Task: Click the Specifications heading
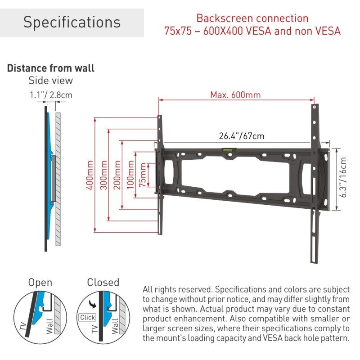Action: click(x=72, y=22)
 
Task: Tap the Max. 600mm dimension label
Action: click(x=235, y=95)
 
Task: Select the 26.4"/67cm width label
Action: click(x=235, y=136)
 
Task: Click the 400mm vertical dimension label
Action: click(x=90, y=175)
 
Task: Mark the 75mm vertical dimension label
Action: click(x=144, y=175)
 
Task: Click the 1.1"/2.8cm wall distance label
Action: click(x=50, y=95)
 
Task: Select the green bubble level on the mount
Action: click(x=227, y=150)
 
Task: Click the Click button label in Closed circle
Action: click(x=87, y=317)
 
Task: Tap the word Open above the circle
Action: click(x=40, y=283)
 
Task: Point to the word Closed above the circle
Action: click(x=103, y=283)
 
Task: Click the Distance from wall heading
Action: click(x=50, y=68)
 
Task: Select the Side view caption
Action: click(x=50, y=81)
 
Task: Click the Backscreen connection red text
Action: click(x=252, y=19)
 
